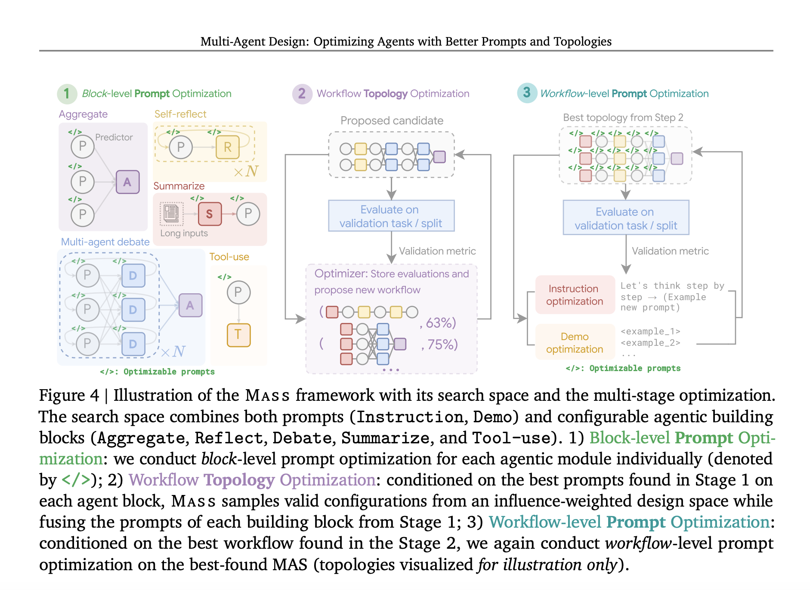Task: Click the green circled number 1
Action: (67, 94)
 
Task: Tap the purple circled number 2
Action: (302, 94)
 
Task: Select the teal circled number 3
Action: (527, 93)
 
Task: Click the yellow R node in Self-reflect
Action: (228, 147)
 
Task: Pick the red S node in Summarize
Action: (210, 214)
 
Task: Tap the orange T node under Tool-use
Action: (238, 335)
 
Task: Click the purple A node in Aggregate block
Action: (127, 182)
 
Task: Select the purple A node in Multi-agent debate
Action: (190, 305)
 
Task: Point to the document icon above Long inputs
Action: (171, 213)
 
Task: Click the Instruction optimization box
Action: (575, 295)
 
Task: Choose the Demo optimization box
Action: (575, 343)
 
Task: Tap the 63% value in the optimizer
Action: (440, 323)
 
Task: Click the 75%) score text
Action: (442, 344)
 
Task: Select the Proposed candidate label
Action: (392, 120)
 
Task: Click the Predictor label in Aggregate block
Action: (114, 137)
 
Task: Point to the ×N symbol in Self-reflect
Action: (246, 172)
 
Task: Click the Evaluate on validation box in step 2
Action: (391, 216)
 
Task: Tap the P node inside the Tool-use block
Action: (238, 292)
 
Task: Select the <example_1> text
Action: (650, 331)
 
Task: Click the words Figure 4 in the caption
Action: (69, 395)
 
